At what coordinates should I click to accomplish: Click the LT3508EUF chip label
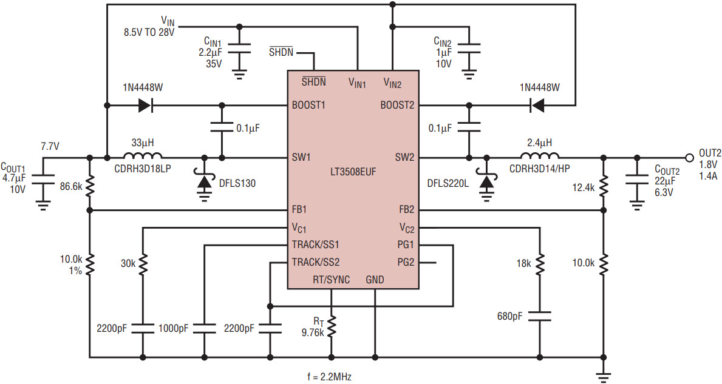coord(353,172)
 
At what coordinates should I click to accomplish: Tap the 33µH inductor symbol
coord(143,155)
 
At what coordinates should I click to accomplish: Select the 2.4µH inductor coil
coord(540,155)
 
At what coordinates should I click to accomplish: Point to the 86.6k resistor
coord(90,186)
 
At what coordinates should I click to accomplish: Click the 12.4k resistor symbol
coord(603,187)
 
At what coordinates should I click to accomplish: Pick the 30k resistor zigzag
coord(143,264)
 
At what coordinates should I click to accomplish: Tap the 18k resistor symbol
coord(540,264)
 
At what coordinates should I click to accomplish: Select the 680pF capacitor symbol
coord(540,317)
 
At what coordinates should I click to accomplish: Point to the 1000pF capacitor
coord(204,328)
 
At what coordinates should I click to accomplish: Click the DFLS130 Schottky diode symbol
coord(204,183)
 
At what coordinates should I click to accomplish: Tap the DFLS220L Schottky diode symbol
coord(487,183)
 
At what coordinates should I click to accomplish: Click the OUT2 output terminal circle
coord(689,158)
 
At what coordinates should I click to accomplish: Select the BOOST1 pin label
coord(308,106)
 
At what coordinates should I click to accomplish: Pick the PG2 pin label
coord(406,263)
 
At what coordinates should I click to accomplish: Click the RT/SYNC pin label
coord(331,280)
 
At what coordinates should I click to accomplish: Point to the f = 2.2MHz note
coord(329,377)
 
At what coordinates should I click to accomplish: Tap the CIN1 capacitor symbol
coord(239,50)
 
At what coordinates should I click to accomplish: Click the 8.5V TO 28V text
coord(149,33)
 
